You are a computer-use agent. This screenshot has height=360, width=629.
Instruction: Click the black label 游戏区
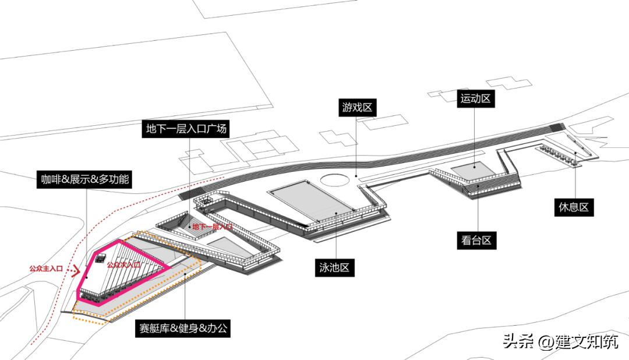[x=356, y=108]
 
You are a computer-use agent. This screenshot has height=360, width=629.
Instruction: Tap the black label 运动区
[x=475, y=98]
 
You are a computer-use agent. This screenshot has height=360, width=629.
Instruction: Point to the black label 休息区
[x=574, y=206]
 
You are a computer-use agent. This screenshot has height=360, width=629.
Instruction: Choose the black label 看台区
[x=477, y=240]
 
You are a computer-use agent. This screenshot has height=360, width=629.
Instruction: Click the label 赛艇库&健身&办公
[x=184, y=329]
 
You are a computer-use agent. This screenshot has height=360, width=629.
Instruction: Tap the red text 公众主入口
[x=46, y=269]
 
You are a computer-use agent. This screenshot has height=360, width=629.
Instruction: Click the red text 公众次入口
[x=123, y=265]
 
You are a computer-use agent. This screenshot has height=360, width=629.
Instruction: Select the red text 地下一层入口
[x=213, y=227]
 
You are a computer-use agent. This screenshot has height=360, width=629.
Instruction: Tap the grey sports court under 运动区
[x=472, y=170]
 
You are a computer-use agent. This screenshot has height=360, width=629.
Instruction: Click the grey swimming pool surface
[x=312, y=200]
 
